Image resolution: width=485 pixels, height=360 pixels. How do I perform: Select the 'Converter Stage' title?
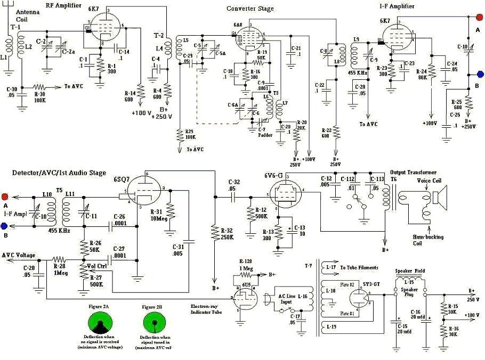pos(250,9)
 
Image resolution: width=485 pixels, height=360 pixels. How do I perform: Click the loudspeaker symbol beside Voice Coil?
pos(440,198)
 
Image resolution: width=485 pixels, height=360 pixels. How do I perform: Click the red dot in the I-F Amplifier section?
pos(479,18)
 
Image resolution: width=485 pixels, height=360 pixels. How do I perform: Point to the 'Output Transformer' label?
pos(413,172)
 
